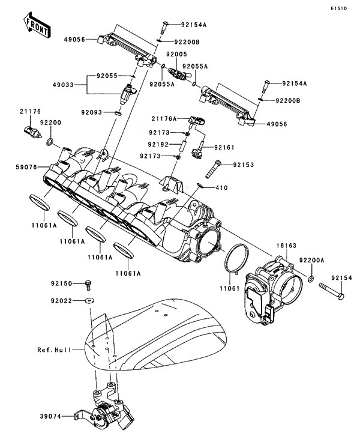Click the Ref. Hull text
pyautogui.click(x=53, y=349)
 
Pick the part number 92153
pyautogui.click(x=244, y=164)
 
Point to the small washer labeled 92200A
pyautogui.click(x=311, y=280)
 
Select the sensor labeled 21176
pyautogui.click(x=30, y=130)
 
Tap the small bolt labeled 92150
pyautogui.click(x=88, y=282)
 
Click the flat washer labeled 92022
pyautogui.click(x=89, y=298)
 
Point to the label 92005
pyautogui.click(x=176, y=54)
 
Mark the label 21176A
pyautogui.click(x=163, y=119)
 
